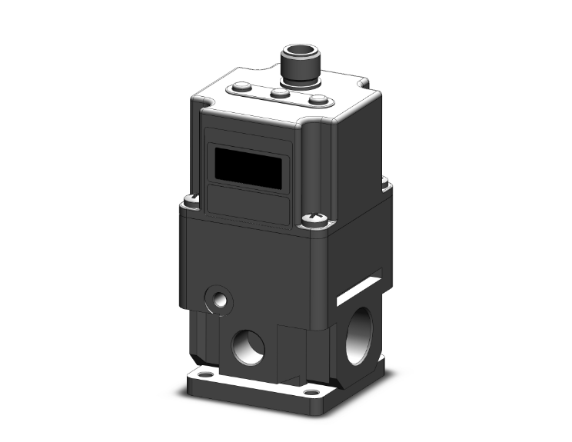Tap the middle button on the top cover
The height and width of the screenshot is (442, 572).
pos(281,93)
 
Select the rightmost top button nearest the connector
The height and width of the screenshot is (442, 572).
pos(317,100)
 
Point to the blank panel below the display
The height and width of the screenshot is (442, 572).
pos(248,204)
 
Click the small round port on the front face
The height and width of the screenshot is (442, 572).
pos(218,299)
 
